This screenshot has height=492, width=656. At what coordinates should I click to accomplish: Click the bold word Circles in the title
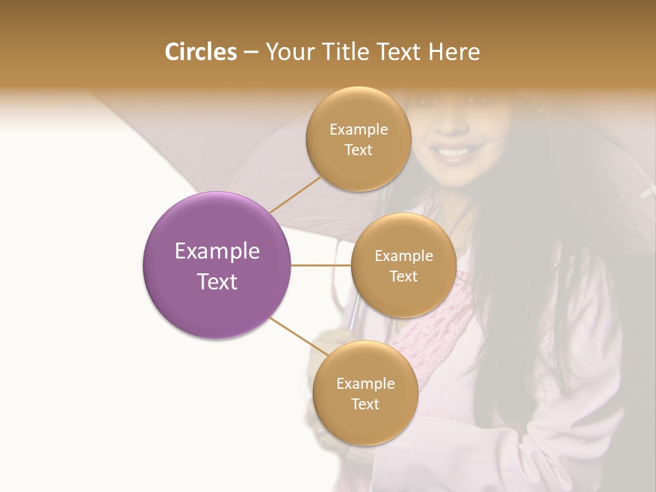(200, 52)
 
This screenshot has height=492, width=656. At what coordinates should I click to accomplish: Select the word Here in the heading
(454, 52)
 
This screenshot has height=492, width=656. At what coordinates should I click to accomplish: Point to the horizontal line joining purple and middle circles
(320, 264)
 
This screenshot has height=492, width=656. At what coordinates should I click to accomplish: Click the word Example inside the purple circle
(217, 251)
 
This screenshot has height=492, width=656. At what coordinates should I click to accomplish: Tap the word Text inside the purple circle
(217, 282)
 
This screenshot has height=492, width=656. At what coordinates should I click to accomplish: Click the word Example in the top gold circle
(359, 130)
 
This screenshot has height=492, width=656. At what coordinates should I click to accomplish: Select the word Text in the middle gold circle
(403, 276)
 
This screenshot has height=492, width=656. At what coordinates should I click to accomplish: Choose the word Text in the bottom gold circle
(365, 404)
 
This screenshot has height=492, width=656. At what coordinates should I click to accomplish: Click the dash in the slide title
(251, 53)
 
